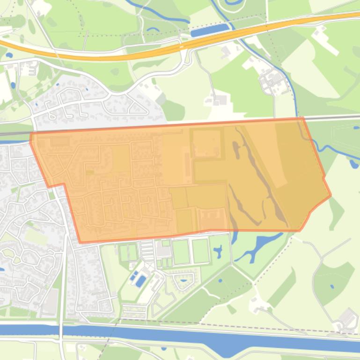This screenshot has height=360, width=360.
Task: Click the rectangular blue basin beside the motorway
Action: [x=210, y=30]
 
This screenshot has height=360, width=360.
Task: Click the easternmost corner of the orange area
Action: [x=331, y=195]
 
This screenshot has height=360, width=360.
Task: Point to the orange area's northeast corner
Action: [x=303, y=118]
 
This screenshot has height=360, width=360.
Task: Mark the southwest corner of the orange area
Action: [x=81, y=242]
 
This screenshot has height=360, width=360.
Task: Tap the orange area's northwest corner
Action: [x=31, y=134]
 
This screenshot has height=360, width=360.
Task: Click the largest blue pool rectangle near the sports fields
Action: [x=141, y=281]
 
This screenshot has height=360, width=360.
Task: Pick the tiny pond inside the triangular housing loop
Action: [x=184, y=281]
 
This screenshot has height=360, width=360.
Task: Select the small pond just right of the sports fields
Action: [x=218, y=252]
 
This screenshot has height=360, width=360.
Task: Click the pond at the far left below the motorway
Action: [x=13, y=86]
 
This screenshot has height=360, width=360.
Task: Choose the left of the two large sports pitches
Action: [x=181, y=252]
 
